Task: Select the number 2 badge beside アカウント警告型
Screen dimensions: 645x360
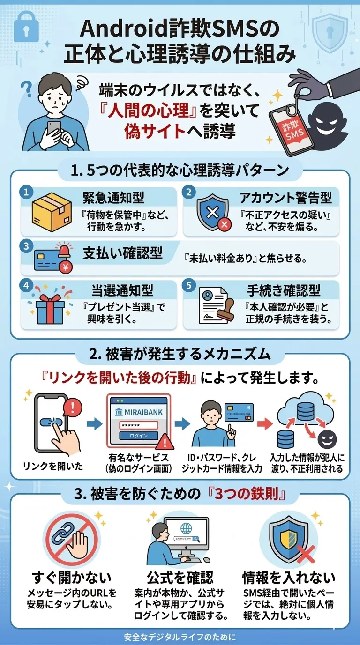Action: (188, 192)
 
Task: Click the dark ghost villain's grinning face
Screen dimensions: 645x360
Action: (327, 126)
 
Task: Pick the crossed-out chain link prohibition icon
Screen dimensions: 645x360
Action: (66, 538)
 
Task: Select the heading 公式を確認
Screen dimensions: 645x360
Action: (180, 576)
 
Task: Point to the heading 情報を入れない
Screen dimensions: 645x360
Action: (288, 576)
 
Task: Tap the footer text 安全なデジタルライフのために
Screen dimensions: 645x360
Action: (180, 637)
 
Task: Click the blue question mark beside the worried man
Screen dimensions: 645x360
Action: (27, 88)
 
